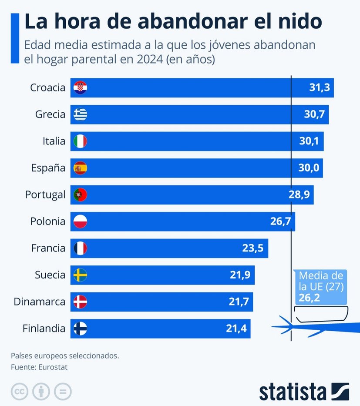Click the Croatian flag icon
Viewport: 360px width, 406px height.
coord(81,87)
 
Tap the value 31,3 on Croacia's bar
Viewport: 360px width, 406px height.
coord(320,88)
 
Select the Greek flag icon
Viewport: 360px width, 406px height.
coord(81,114)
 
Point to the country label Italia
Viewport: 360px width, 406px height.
coord(54,141)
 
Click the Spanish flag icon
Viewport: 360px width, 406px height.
coord(81,168)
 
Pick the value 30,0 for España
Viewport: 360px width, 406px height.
coord(309,168)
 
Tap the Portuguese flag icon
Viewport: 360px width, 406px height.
coord(81,195)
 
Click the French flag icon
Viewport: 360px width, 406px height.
coord(81,248)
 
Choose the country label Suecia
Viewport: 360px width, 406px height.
coord(50,275)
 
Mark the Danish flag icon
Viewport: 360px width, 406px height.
coord(81,302)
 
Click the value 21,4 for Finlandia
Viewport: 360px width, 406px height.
coord(236,329)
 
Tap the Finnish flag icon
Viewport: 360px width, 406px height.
coord(81,329)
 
